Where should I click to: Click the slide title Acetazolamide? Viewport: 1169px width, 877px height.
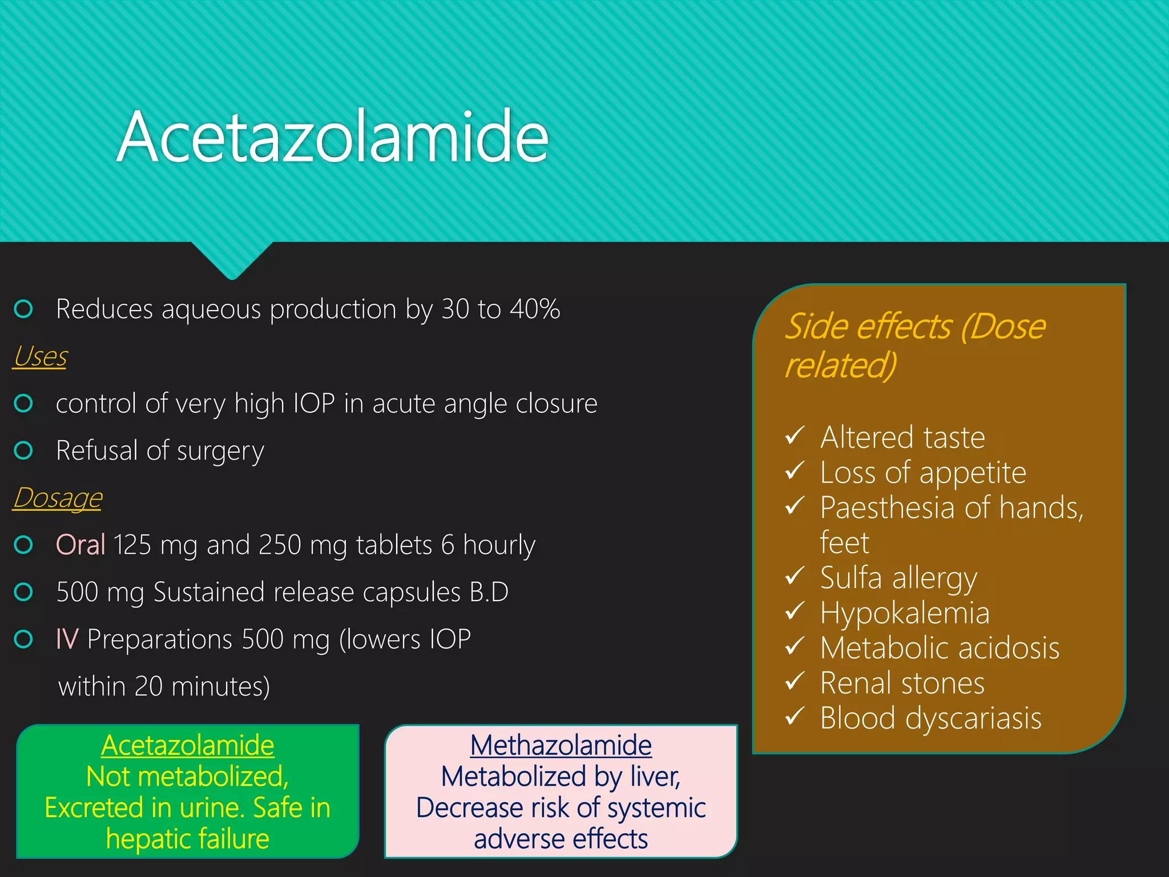(333, 137)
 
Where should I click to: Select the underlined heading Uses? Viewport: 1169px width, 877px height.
(40, 357)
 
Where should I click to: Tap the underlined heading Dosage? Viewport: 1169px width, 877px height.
(58, 498)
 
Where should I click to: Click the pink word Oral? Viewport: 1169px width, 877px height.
(80, 545)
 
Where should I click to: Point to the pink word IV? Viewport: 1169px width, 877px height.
(67, 639)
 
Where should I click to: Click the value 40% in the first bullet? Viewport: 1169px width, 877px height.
(535, 309)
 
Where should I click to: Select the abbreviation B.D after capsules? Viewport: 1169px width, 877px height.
(489, 592)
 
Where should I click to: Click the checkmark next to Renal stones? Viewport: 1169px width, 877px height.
(795, 681)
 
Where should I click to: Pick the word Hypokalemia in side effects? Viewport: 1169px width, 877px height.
(905, 613)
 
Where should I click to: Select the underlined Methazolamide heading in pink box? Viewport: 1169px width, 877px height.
(561, 746)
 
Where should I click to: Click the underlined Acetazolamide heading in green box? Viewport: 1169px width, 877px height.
(188, 746)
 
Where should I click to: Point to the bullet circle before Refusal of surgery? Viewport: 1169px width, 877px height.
(23, 450)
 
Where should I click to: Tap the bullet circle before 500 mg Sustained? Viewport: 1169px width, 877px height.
(23, 592)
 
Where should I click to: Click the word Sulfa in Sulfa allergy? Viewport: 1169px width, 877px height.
(851, 577)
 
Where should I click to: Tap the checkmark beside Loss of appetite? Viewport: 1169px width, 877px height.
(795, 471)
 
